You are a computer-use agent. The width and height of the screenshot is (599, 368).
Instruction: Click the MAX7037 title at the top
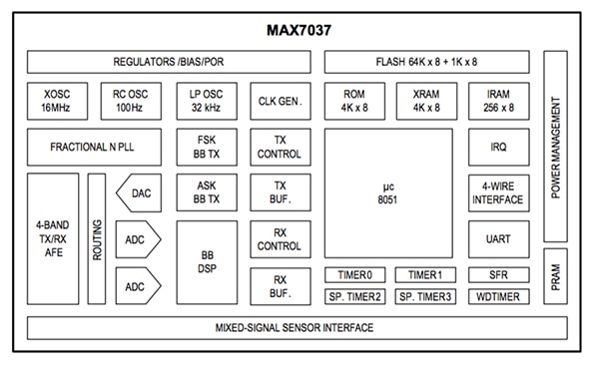click(x=298, y=29)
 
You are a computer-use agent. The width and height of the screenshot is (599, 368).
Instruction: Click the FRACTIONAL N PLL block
click(x=91, y=148)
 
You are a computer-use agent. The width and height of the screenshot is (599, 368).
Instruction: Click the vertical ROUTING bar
click(x=97, y=239)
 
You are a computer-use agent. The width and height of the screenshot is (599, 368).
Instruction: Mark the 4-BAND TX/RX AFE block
click(x=52, y=239)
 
